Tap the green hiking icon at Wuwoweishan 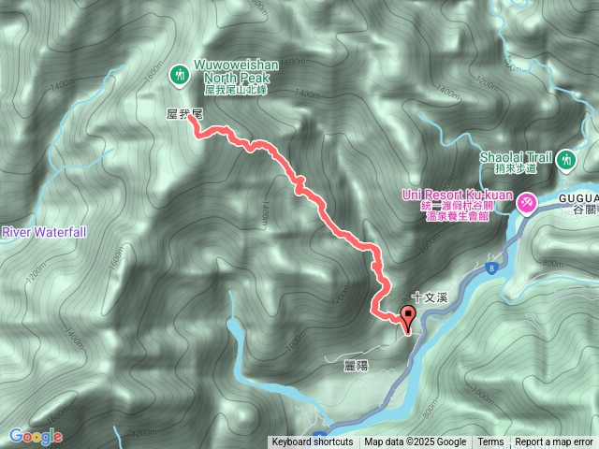(x=178, y=73)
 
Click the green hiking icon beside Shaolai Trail (x=566, y=161)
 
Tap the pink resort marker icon (x=528, y=200)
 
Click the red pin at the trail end (x=408, y=316)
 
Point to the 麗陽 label (x=356, y=366)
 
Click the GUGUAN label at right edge (x=577, y=198)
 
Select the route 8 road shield (x=489, y=268)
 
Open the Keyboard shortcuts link (x=313, y=442)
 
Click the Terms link (x=490, y=442)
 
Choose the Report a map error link (x=554, y=442)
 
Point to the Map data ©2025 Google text (x=416, y=442)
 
